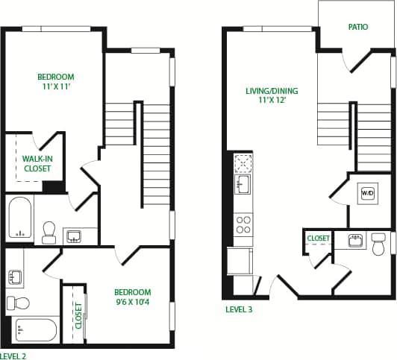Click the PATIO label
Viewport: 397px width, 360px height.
click(358, 27)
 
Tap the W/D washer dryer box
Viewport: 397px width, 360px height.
click(367, 193)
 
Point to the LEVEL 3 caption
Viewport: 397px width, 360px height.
click(240, 309)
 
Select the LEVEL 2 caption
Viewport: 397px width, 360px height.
click(13, 356)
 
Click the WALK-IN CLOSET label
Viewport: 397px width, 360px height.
click(37, 163)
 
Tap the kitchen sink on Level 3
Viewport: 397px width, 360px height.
click(243, 184)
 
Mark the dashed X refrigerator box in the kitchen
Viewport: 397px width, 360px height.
click(243, 162)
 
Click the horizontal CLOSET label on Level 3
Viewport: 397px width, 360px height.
click(319, 239)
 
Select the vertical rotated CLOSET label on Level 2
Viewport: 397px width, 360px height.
click(78, 315)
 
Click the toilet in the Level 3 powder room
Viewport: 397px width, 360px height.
click(378, 243)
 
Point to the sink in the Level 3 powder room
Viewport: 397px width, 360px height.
click(356, 240)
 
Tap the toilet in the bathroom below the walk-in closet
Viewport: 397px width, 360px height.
click(50, 231)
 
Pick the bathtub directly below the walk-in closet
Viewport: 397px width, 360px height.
click(20, 218)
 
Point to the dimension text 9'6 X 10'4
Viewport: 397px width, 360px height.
click(132, 303)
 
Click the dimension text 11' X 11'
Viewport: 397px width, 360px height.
click(56, 86)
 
